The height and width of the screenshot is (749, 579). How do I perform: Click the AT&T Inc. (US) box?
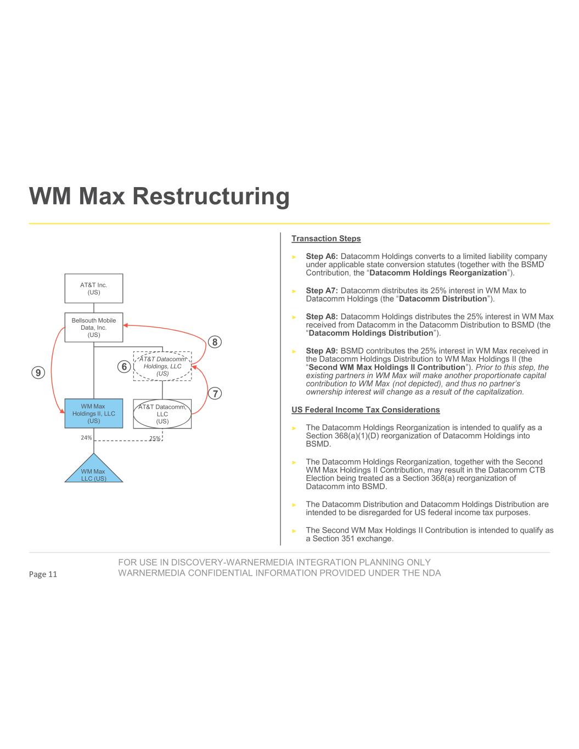94,289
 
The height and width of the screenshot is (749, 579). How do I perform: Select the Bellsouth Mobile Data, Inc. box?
94,327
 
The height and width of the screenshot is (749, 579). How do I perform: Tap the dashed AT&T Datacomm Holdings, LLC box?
162,366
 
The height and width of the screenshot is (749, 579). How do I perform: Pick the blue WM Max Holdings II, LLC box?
94,414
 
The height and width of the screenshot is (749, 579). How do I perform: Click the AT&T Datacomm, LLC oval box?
162,414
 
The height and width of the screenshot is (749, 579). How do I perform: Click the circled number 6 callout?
125,366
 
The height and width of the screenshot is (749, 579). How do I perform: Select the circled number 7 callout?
215,393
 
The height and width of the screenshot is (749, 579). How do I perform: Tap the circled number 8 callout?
215,342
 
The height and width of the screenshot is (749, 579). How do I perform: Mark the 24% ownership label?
86,438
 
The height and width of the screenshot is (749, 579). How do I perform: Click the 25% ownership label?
155,438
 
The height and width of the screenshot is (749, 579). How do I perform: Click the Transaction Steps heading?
326,239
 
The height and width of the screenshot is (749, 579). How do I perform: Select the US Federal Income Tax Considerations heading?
366,410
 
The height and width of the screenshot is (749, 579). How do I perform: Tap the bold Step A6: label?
322,256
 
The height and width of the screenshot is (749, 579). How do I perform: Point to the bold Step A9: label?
322,351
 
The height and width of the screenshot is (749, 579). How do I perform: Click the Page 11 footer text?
43,575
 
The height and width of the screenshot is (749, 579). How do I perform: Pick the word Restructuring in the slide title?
210,196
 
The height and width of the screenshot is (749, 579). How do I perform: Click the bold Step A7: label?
322,290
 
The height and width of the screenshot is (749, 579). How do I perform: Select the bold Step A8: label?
322,317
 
